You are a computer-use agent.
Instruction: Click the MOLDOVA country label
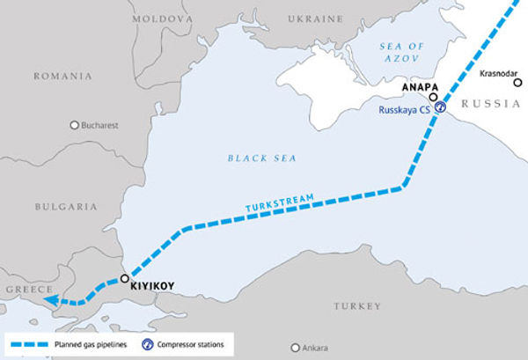pyautogui.click(x=162, y=18)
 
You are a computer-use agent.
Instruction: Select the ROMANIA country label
pyautogui.click(x=62, y=77)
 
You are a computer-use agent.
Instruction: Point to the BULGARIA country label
pyautogui.click(x=66, y=206)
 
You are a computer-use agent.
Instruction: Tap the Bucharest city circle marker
pyautogui.click(x=75, y=126)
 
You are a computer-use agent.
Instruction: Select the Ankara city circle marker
pyautogui.click(x=294, y=347)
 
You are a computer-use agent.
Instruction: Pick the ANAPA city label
pyautogui.click(x=416, y=88)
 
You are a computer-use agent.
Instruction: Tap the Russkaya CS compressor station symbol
pyautogui.click(x=439, y=107)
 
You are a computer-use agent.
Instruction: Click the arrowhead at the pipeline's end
pyautogui.click(x=50, y=301)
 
